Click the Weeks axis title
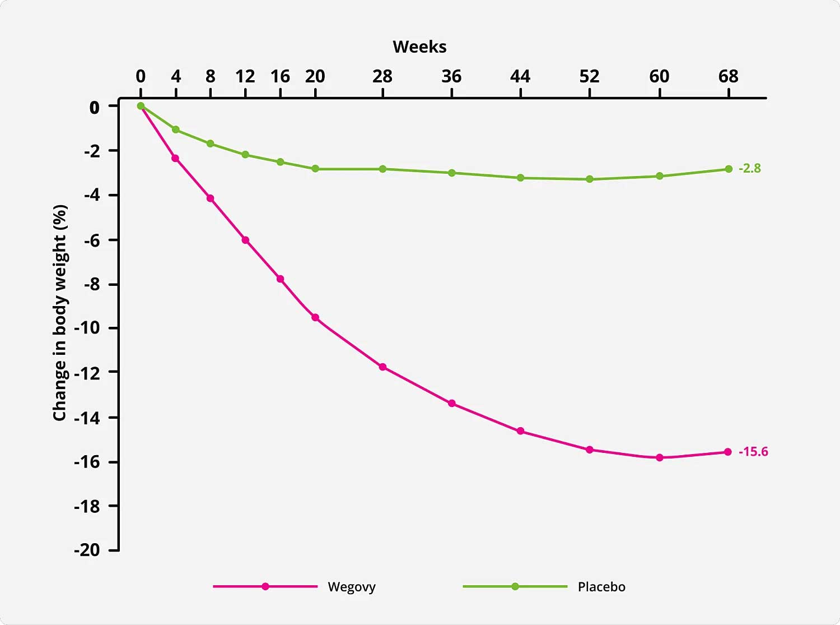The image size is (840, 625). point(419,47)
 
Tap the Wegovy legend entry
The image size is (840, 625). point(294,587)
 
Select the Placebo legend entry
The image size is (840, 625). point(544,587)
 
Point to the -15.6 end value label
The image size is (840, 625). point(753,452)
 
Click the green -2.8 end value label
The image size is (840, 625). point(749,168)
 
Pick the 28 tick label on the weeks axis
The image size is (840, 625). point(382,77)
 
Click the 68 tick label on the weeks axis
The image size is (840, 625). point(728,77)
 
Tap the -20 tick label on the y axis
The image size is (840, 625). point(87,550)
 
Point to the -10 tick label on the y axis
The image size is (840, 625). point(87,328)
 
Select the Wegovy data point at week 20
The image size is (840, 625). point(315,317)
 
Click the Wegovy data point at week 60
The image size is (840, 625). point(659,458)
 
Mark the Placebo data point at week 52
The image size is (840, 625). point(590,179)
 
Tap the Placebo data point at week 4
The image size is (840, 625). point(176,129)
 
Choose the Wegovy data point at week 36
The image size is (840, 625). point(452,404)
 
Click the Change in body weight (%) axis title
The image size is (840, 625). point(59,313)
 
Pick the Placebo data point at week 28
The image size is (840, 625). point(382,169)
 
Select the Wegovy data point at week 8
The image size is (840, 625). point(211,198)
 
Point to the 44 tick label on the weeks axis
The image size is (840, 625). point(520,77)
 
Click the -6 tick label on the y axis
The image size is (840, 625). point(92,240)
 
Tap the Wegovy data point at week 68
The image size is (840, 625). point(728,452)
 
